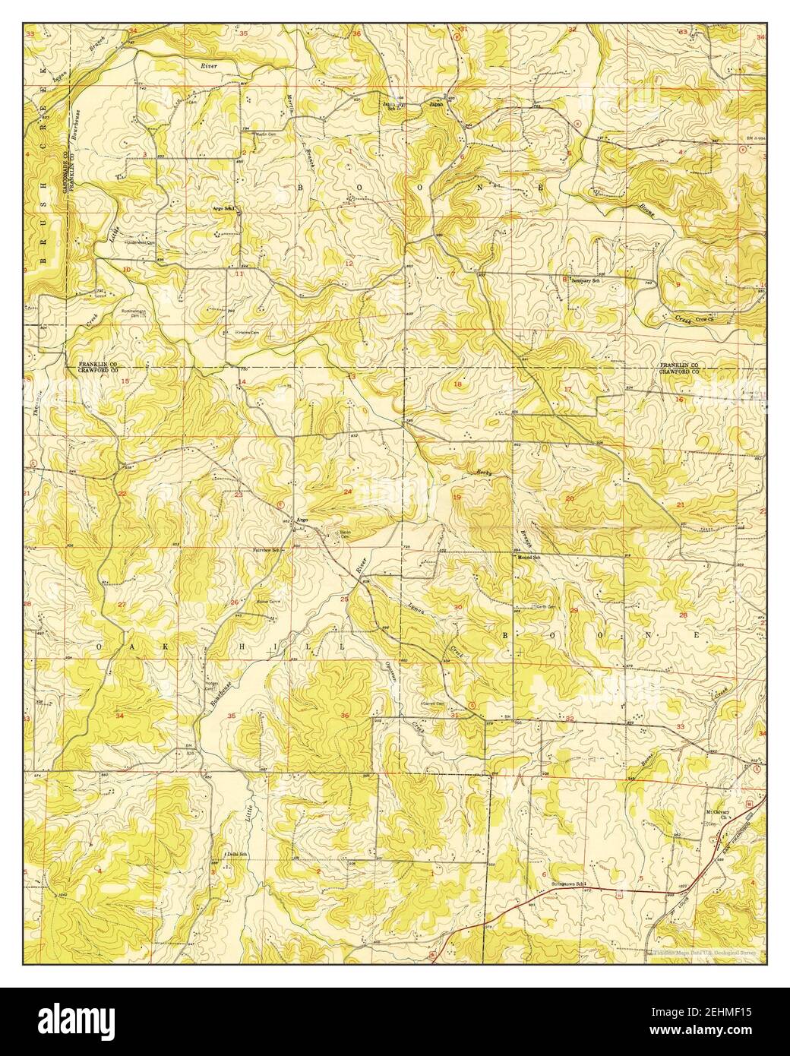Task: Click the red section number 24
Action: coord(348,492)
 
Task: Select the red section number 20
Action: coord(570,498)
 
